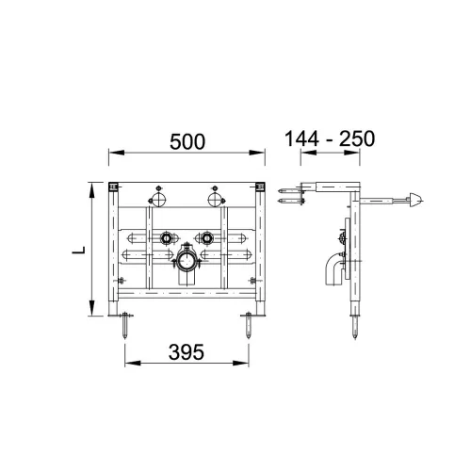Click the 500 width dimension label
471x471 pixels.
pos(187,141)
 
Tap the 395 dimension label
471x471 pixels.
pos(187,352)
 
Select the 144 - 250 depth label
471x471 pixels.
pos(330,138)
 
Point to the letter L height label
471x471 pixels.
pos(79,251)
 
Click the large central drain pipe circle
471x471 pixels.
pos(187,261)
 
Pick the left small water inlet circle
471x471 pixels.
pos(166,238)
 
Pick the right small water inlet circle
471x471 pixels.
pos(206,238)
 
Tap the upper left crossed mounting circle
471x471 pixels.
pos(158,199)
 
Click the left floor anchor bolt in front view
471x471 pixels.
pos(125,325)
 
